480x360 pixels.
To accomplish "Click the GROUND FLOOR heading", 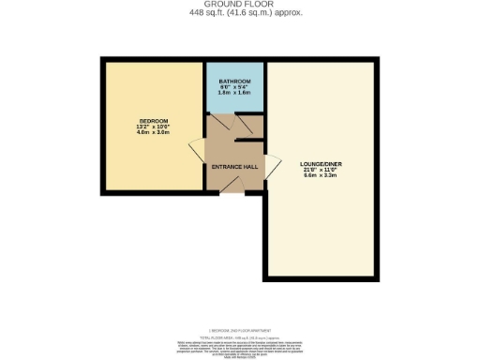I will tap(240, 4).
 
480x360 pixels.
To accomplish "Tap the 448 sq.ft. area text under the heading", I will tap(240, 12).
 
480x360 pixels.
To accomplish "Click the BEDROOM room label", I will tap(154, 122).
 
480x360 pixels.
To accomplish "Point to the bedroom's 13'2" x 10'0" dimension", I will tap(154, 127).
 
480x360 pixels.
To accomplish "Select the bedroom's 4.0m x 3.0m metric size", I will tap(154, 134).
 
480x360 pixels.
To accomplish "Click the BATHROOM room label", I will tap(235, 82).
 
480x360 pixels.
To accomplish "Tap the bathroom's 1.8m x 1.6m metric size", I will tap(235, 94).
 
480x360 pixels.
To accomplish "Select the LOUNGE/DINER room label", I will tap(324, 163).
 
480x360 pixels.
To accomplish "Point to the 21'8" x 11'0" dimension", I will tap(324, 170).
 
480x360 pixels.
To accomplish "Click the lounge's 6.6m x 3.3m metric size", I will tap(324, 176).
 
